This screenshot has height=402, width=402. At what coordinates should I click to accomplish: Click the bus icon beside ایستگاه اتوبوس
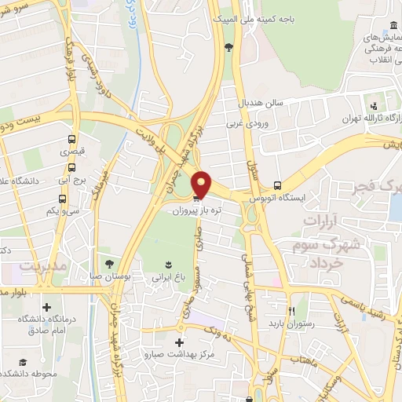[x=277, y=185]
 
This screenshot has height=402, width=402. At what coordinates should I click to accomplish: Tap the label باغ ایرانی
[x=168, y=276]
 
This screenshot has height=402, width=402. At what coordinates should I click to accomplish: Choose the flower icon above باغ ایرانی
[x=166, y=262]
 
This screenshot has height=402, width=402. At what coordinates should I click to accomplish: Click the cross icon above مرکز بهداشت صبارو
[x=180, y=342]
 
